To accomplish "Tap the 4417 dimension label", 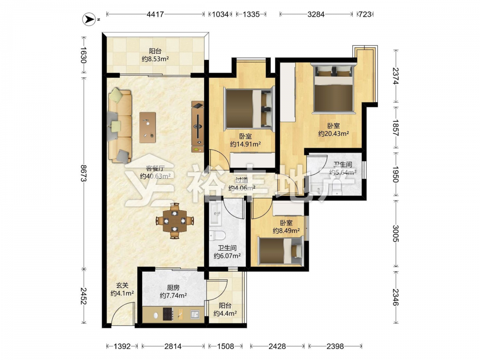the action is [x=155, y=14].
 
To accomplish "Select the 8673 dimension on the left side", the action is [x=83, y=173].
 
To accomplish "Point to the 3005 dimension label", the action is [x=396, y=234].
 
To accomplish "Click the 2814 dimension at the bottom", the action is [x=173, y=346].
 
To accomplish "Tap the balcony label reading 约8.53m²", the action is [x=156, y=59].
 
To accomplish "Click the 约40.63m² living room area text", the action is [x=155, y=176].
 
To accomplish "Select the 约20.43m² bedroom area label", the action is [x=334, y=134].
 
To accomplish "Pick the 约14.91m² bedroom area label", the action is [x=245, y=144].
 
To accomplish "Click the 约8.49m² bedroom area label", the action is [x=286, y=230].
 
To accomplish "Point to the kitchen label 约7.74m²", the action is [x=173, y=296].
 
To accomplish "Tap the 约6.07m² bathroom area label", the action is [x=227, y=256].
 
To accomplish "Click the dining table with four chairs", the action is [x=175, y=220].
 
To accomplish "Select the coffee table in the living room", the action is [x=147, y=127].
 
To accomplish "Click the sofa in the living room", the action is [x=120, y=125].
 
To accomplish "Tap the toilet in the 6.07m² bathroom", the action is [x=217, y=235].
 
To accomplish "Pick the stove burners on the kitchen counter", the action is [x=168, y=314].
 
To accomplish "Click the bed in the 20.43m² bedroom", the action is [x=334, y=88].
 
